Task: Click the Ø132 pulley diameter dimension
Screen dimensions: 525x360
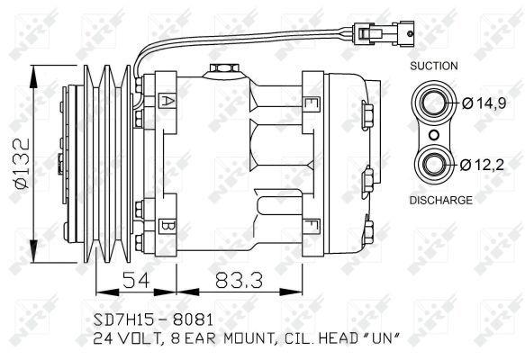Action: point(23,164)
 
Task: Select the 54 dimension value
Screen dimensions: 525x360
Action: point(136,280)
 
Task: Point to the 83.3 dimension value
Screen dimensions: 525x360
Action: point(239,280)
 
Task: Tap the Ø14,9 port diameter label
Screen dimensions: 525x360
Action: point(484,103)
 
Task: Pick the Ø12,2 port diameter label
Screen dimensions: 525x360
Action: point(482,165)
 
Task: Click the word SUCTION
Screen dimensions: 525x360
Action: point(433,66)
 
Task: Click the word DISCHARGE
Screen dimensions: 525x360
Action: point(441,200)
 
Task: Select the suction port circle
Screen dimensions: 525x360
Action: point(433,102)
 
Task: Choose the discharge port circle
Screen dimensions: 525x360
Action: point(433,165)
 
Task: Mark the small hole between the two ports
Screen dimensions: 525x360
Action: point(434,135)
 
